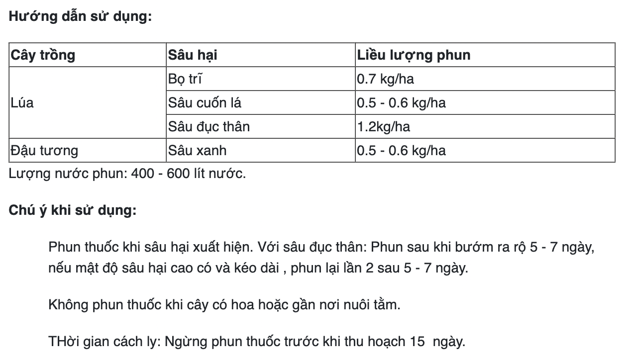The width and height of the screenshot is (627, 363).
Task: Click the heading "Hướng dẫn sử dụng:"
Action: pyautogui.click(x=80, y=16)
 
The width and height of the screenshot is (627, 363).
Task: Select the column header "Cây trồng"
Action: pyautogui.click(x=43, y=55)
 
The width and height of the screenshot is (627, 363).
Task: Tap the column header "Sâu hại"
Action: pyautogui.click(x=193, y=55)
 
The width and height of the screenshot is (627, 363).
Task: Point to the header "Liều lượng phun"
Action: pyautogui.click(x=414, y=55)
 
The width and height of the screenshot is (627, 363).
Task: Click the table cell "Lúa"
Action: pyautogui.click(x=22, y=103)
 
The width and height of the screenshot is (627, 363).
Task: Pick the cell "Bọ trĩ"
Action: pyautogui.click(x=185, y=79)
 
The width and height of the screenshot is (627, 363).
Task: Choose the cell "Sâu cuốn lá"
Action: pyautogui.click(x=205, y=103)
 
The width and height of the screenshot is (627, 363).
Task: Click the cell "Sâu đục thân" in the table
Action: pyautogui.click(x=209, y=127)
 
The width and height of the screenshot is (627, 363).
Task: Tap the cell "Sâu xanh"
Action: pyautogui.click(x=198, y=151)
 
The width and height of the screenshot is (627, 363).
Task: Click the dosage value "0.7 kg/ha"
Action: pyautogui.click(x=386, y=79)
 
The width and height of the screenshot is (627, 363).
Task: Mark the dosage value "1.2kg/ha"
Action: pyautogui.click(x=384, y=127)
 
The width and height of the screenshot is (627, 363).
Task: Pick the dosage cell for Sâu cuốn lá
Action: pyautogui.click(x=402, y=103)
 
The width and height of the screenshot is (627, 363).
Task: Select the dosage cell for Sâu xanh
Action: pyautogui.click(x=402, y=151)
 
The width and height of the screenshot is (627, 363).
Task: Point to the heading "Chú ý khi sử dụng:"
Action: pyautogui.click(x=73, y=210)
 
